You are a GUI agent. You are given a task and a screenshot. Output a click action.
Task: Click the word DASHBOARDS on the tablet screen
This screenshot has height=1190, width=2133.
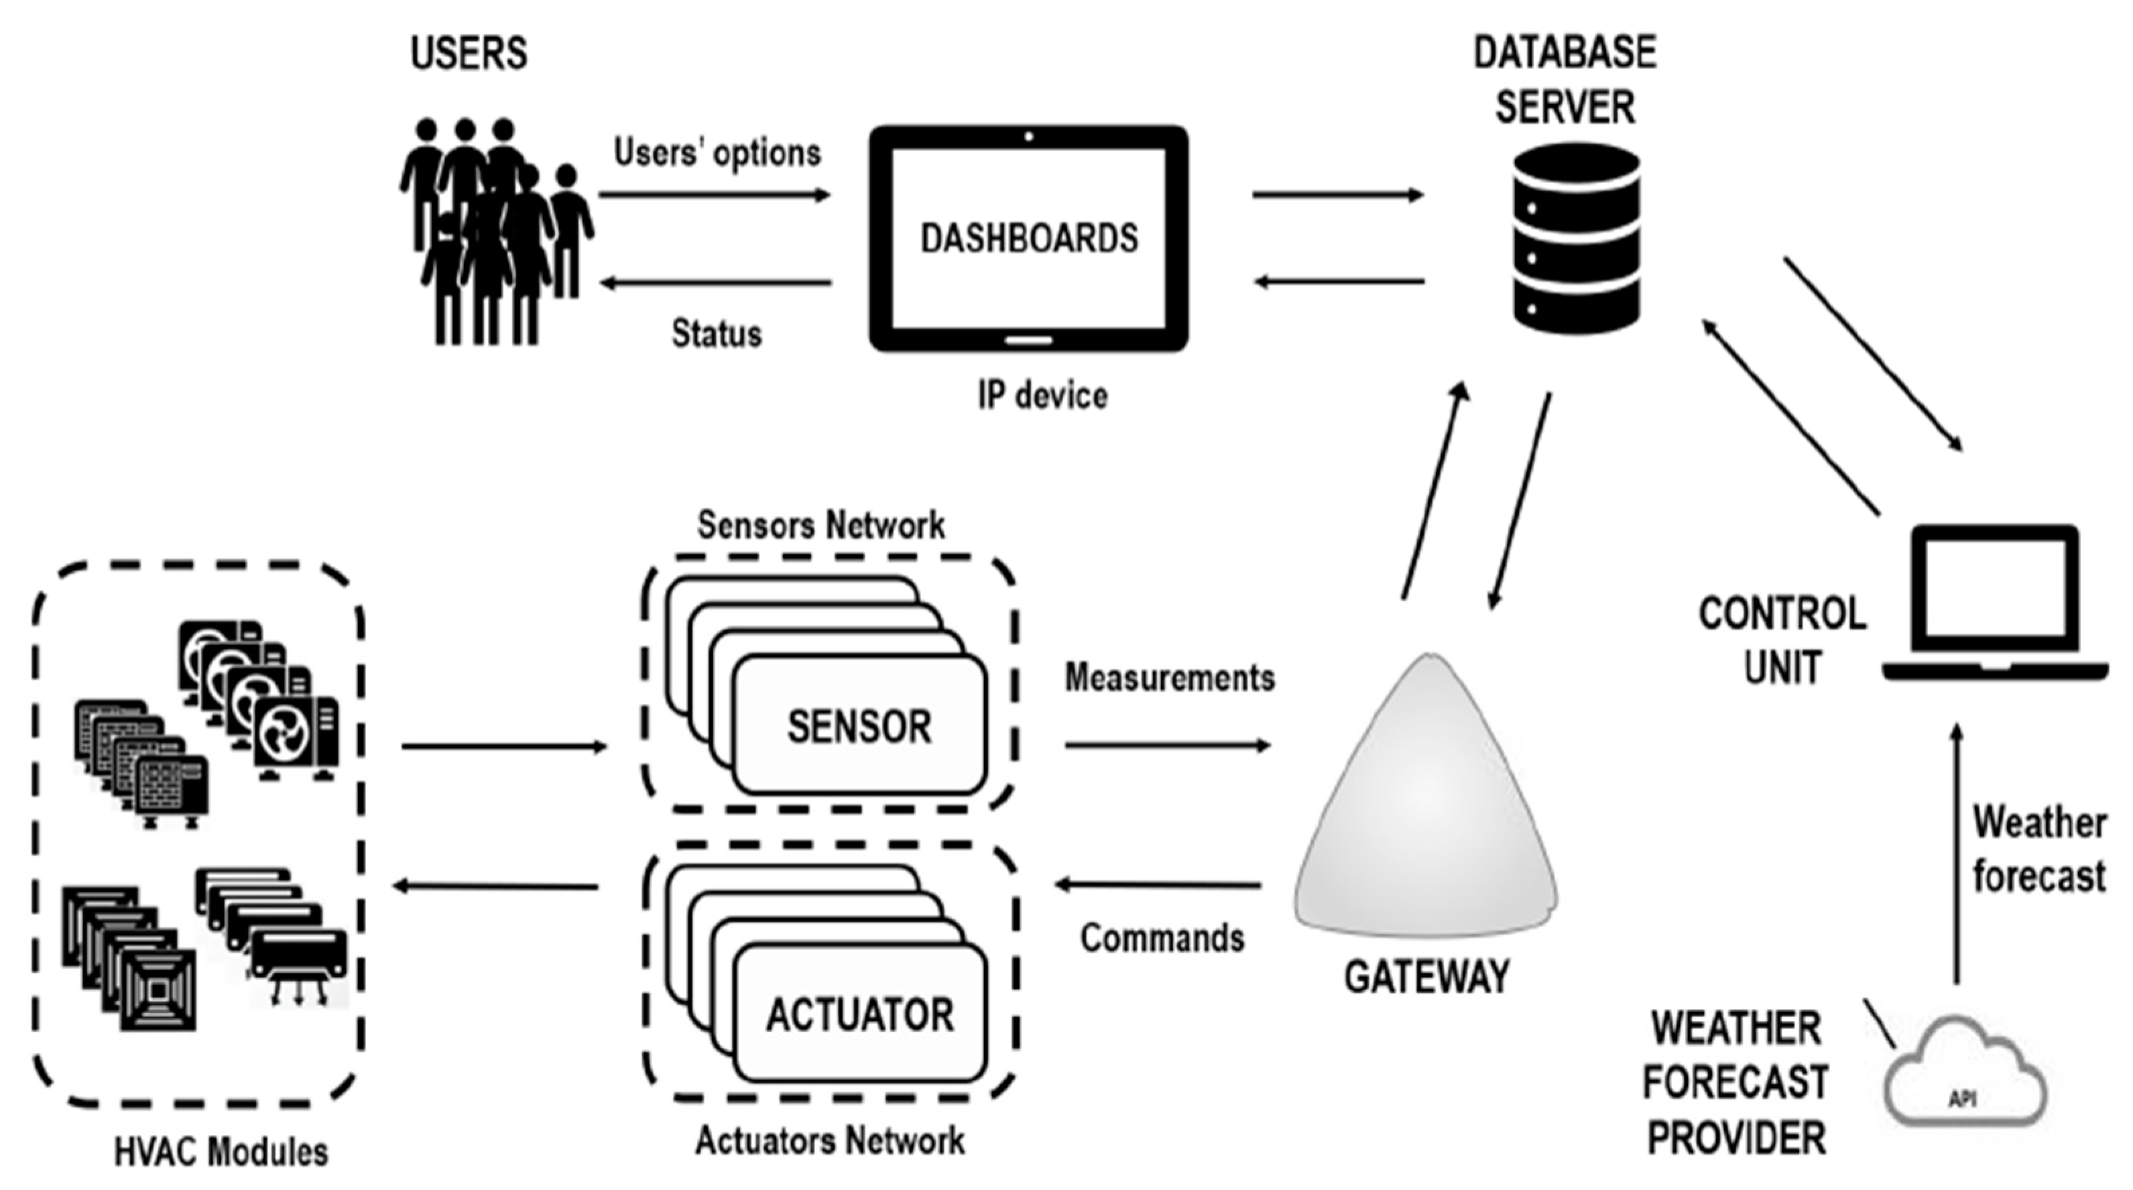(x=1029, y=239)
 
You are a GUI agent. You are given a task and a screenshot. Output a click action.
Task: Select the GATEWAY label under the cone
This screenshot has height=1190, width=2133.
(x=1426, y=977)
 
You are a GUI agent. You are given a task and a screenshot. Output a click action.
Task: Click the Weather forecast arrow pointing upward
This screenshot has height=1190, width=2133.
(x=1957, y=853)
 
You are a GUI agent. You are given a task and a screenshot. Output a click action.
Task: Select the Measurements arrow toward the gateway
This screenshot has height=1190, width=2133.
(x=1168, y=746)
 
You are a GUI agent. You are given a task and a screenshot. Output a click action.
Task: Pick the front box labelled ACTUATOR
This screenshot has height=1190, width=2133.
(x=859, y=1015)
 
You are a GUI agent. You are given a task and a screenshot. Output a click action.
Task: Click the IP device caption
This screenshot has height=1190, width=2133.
(x=1042, y=395)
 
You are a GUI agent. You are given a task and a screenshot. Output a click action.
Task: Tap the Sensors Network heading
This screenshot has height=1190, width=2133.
(x=820, y=525)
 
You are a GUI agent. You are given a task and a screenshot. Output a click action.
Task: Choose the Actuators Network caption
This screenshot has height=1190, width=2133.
(x=830, y=1141)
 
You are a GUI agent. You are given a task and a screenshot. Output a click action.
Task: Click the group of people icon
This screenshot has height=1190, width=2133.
(x=495, y=232)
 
